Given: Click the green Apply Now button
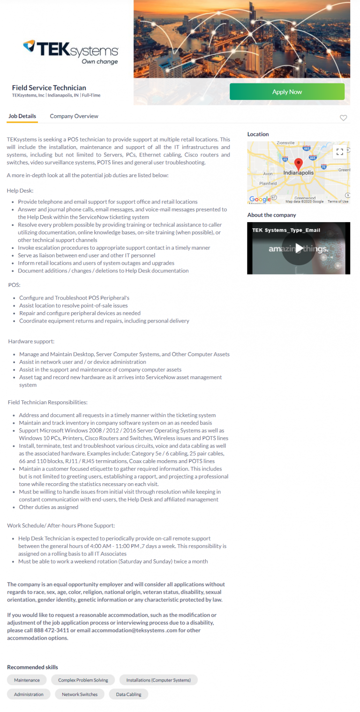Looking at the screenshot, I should [x=287, y=92].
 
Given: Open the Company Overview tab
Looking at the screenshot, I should [x=74, y=116].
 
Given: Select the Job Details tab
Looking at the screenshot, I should [x=22, y=116].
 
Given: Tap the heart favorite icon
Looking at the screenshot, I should [x=343, y=118].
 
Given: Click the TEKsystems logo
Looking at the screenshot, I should [x=70, y=52].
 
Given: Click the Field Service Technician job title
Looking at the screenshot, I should [x=49, y=88].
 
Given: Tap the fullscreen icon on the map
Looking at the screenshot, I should [x=340, y=151].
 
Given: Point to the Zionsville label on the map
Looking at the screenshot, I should [x=285, y=143].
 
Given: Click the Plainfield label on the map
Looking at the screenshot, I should [x=268, y=184].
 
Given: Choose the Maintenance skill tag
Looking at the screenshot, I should [x=27, y=680].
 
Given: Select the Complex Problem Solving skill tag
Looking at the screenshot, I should [x=83, y=680].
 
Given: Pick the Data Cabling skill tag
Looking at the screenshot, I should [x=128, y=694].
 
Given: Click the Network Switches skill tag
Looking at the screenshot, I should [x=80, y=694].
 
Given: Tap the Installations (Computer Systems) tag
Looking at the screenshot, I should [x=158, y=680].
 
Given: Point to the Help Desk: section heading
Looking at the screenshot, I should [x=20, y=190].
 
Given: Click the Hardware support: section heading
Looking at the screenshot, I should [x=31, y=341].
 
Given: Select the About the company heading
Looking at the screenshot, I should [x=271, y=215].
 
